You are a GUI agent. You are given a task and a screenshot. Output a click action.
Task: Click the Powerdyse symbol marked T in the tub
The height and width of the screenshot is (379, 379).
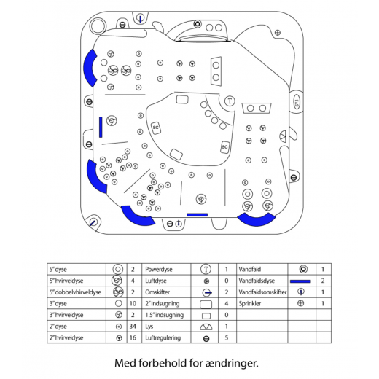click(x=230, y=101)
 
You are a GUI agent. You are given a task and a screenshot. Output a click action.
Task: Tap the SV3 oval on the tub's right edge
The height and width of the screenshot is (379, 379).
click(x=297, y=102)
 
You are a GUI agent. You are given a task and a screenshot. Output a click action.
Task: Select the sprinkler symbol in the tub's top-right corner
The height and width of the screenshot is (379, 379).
click(x=278, y=32)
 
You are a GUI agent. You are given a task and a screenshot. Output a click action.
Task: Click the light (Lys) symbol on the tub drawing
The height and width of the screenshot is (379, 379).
click(x=284, y=136)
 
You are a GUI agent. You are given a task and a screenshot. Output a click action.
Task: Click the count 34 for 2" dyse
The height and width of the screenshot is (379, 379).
click(x=133, y=326)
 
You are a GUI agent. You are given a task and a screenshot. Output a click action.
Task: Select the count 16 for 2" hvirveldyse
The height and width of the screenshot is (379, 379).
click(x=133, y=337)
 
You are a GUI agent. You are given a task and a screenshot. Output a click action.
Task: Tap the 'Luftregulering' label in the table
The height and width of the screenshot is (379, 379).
click(x=163, y=337)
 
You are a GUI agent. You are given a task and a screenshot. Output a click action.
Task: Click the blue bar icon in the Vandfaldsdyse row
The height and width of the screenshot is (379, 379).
click(x=300, y=281)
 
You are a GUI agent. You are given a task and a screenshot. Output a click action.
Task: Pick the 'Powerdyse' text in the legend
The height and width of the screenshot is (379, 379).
click(x=159, y=270)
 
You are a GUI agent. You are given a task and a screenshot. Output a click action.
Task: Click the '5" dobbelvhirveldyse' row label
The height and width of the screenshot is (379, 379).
click(x=75, y=292)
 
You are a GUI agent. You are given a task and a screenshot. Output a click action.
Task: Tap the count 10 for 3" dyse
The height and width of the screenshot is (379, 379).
click(x=133, y=303)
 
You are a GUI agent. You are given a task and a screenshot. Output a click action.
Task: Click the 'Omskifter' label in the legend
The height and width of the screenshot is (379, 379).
click(x=157, y=292)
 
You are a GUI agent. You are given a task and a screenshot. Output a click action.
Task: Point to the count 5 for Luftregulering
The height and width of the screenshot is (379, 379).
click(x=227, y=337)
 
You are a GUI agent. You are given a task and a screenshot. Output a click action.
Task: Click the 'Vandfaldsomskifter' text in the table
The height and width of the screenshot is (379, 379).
click(x=262, y=292)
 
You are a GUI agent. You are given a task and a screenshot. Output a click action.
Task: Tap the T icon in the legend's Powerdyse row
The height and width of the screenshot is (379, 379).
click(x=206, y=269)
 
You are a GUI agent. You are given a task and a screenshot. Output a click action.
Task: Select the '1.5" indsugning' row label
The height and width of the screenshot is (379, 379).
click(x=164, y=315)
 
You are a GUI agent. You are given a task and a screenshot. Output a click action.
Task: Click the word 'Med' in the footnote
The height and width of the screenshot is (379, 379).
click(x=125, y=363)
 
